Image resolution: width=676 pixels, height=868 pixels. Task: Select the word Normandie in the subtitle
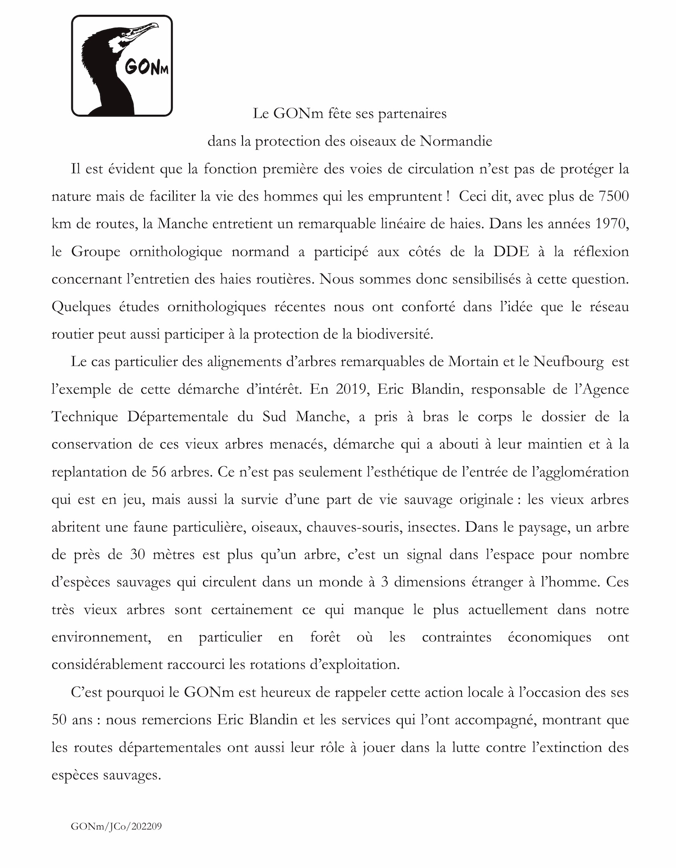(x=456, y=141)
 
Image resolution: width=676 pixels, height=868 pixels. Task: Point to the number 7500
(x=613, y=196)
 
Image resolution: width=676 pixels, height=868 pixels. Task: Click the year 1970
(x=613, y=224)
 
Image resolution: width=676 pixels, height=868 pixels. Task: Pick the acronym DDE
(x=509, y=251)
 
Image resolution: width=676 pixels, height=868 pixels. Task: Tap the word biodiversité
(x=395, y=334)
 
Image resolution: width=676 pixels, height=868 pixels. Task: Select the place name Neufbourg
(x=569, y=362)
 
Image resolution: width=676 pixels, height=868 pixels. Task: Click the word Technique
(x=85, y=417)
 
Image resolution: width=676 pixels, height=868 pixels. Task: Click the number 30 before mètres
(x=139, y=554)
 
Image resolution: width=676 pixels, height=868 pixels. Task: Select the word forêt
(x=325, y=637)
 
